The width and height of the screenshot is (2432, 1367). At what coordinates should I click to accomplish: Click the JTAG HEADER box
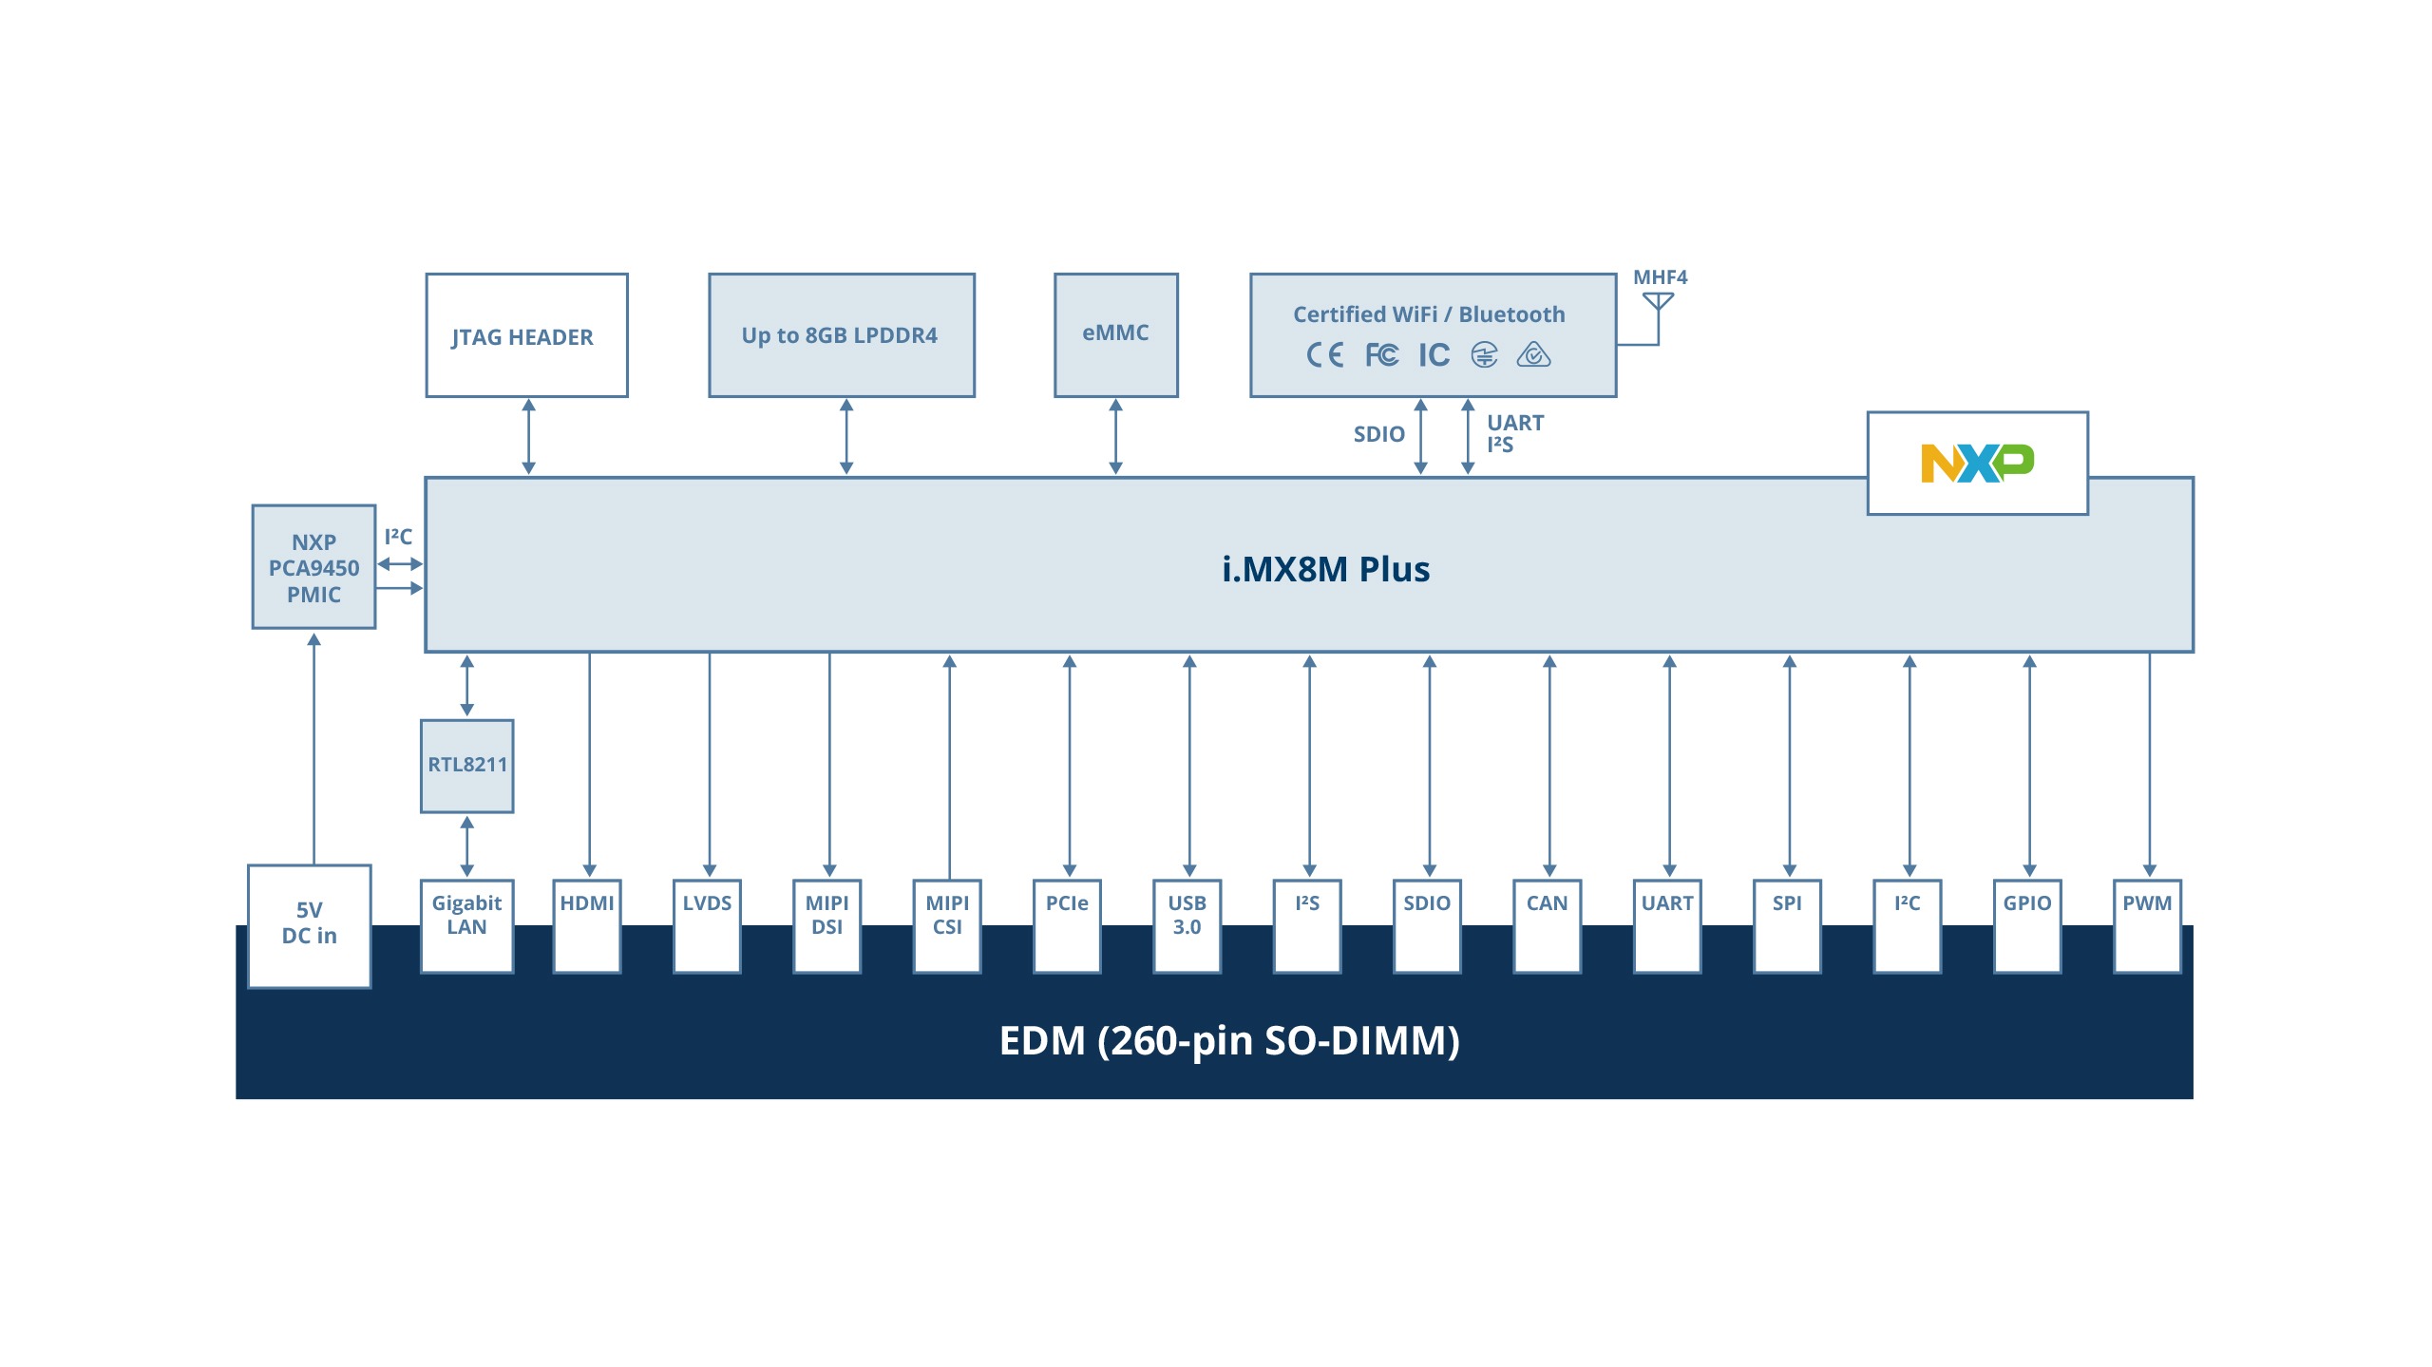coord(526,335)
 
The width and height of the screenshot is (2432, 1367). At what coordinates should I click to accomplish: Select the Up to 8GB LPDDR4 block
coord(841,335)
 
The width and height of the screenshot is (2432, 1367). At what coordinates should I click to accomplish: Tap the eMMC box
coord(1115,334)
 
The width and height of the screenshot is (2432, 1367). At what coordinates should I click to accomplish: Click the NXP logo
coord(1977,464)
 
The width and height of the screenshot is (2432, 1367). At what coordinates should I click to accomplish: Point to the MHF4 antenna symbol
coord(1658,303)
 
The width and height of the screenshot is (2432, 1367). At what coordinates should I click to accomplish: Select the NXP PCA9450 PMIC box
coord(313,567)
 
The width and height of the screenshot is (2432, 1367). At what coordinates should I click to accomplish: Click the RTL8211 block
coord(466,766)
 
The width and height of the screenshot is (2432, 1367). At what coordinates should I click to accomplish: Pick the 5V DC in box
coord(309,924)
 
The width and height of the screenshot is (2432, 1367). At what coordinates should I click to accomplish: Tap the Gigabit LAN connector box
coord(466,924)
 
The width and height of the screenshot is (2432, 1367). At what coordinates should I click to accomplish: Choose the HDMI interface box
coord(587,924)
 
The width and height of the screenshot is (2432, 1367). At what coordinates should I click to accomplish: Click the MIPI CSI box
coord(947,924)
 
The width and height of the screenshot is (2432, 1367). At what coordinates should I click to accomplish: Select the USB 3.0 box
coord(1187,924)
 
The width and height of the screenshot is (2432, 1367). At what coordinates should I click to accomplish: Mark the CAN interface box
coord(1547,924)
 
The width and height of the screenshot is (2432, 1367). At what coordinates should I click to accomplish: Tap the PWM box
coord(2147,924)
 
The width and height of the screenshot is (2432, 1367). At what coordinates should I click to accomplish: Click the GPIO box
coord(2027,924)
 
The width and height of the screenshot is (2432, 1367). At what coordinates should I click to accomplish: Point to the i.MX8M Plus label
coord(1325,569)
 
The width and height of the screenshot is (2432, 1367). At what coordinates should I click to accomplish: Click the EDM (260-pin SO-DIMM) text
coord(1229,1040)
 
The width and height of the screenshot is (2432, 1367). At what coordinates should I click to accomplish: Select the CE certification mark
coord(1324,355)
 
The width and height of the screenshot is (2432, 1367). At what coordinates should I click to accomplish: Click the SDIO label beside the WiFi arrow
coord(1378,434)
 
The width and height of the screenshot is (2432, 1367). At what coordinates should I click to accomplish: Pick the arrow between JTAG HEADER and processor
coord(529,437)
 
